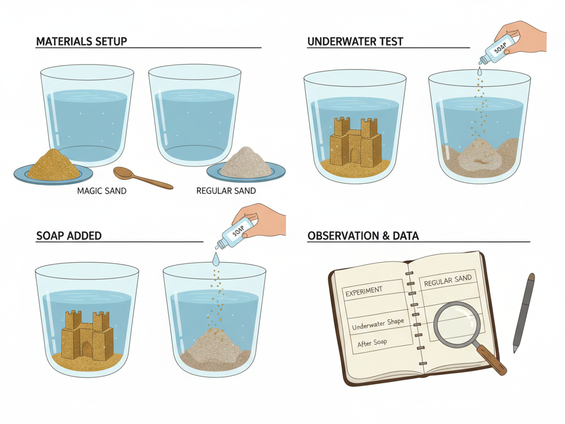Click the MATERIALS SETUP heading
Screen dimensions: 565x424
click(x=82, y=41)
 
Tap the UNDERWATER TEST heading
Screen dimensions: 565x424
click(x=355, y=41)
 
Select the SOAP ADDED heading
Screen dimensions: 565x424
click(x=69, y=236)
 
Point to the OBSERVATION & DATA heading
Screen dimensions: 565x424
click(x=363, y=236)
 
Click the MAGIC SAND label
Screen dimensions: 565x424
click(x=102, y=190)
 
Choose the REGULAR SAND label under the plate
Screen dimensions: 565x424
click(x=226, y=190)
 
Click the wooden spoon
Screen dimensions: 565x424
click(x=143, y=178)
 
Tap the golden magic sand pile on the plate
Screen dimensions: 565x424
click(x=54, y=165)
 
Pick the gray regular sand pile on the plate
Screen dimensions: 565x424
click(x=246, y=163)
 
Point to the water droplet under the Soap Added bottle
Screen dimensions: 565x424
click(x=216, y=258)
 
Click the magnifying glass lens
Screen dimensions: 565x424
click(x=457, y=323)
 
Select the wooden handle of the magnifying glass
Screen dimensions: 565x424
click(x=492, y=359)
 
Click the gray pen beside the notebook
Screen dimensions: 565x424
click(x=524, y=312)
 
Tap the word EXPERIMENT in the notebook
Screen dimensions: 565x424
click(x=364, y=291)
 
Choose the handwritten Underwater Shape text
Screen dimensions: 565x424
click(x=378, y=324)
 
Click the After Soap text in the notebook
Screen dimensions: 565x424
click(x=372, y=342)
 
